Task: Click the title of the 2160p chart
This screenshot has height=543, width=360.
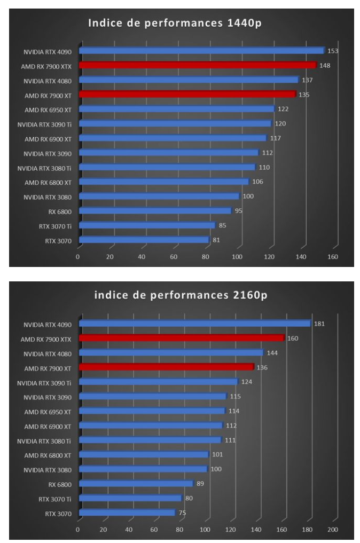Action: (x=181, y=297)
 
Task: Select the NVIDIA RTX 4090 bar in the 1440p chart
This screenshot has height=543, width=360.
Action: (x=201, y=51)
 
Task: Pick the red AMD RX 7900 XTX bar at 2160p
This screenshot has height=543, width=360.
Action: (x=181, y=338)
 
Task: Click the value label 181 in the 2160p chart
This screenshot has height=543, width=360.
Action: (x=319, y=324)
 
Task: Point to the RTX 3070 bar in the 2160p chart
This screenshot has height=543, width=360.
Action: (x=127, y=513)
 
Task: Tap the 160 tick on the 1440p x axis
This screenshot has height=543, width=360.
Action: (x=333, y=256)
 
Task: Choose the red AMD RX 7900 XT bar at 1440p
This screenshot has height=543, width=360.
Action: (x=187, y=95)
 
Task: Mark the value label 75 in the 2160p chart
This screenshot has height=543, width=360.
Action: (x=182, y=513)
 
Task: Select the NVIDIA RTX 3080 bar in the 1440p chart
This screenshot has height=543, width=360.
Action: (x=159, y=196)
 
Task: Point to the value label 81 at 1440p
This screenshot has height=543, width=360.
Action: (x=216, y=240)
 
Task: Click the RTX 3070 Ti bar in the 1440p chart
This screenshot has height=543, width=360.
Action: (x=147, y=225)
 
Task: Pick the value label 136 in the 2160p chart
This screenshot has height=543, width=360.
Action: (x=261, y=367)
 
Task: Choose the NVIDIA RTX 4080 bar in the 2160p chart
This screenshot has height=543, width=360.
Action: (x=171, y=353)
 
